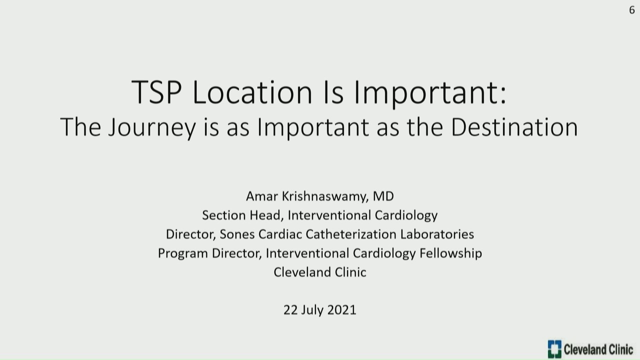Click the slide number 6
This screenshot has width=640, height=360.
point(631,10)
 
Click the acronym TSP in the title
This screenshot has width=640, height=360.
point(156,92)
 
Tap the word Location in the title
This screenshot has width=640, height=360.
point(252,92)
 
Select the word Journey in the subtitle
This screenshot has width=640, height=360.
point(152,127)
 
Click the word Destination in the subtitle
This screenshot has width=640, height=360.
point(514,127)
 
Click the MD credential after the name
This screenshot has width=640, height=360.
point(383,196)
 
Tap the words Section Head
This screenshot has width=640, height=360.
point(243,215)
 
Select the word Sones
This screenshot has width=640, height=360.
point(237,234)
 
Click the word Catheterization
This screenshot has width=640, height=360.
point(351,234)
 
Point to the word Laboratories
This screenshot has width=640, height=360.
point(437,234)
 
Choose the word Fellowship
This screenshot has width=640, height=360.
point(451,253)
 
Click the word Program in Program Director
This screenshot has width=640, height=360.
point(183,254)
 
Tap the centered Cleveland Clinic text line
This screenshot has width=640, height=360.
point(320,272)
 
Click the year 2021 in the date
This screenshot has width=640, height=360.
point(342,310)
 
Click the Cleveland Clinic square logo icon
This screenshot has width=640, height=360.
point(554,349)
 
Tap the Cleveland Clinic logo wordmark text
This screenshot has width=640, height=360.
point(598,349)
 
